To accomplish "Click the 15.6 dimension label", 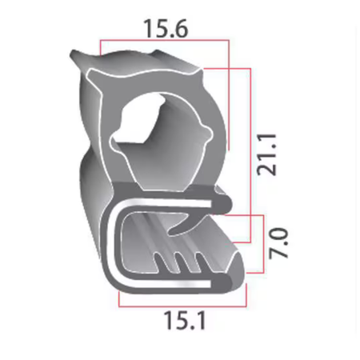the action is click(166, 28).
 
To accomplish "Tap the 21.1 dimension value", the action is click(266, 154).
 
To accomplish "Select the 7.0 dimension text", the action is click(278, 243).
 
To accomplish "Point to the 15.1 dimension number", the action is click(185, 321).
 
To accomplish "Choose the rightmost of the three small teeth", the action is click(201, 262).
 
